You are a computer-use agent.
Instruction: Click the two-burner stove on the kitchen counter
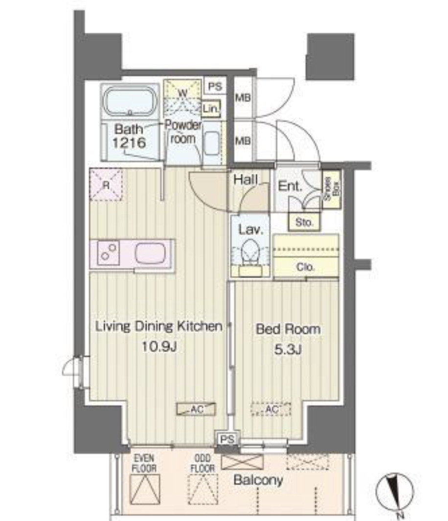[109, 253]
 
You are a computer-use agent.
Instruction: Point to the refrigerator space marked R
[106, 185]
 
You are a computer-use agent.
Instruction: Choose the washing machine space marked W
[183, 97]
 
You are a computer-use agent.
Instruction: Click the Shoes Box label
[332, 188]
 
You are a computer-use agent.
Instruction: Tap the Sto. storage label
[304, 222]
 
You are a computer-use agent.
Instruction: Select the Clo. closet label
[305, 267]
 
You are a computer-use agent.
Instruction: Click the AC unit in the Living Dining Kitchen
[196, 409]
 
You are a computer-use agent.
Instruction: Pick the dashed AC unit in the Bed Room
[271, 410]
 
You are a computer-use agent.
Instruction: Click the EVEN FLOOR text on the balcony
[144, 463]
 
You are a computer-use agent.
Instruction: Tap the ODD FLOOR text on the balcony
[202, 463]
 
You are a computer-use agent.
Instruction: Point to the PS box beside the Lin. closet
[215, 87]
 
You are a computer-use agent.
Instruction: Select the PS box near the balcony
[227, 439]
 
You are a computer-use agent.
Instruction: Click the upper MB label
[243, 98]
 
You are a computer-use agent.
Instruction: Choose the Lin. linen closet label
[211, 109]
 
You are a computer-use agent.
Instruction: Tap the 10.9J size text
[158, 346]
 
